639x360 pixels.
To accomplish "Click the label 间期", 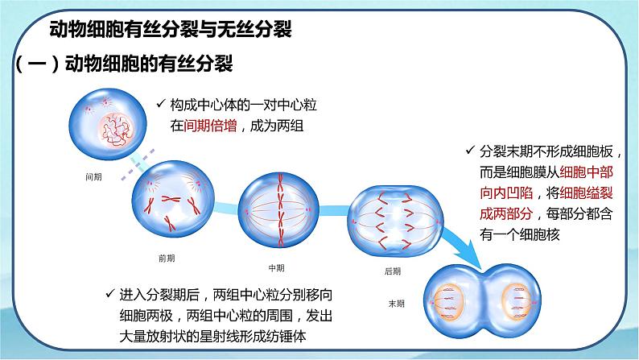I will click(93, 176).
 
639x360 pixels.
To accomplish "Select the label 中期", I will click(276, 267).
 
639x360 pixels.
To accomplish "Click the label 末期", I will click(397, 304).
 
